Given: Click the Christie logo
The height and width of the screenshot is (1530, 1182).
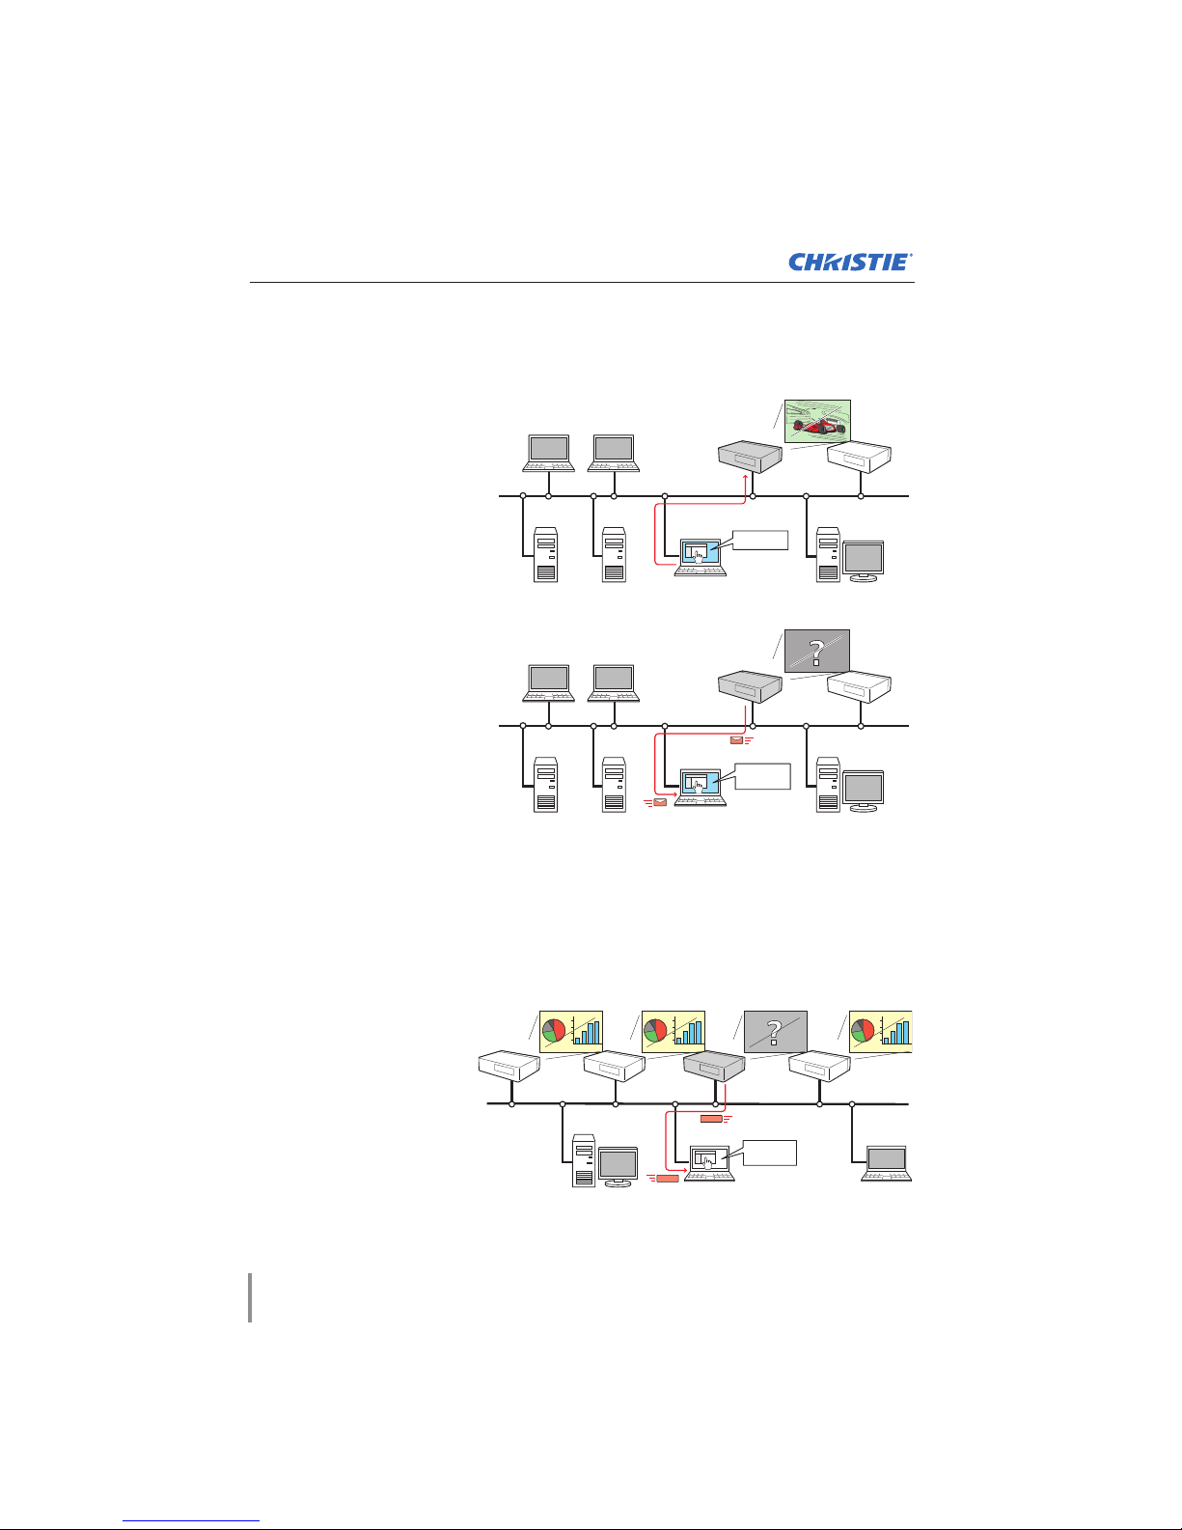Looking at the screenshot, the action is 850,262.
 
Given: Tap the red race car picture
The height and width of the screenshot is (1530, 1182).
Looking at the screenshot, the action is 817,421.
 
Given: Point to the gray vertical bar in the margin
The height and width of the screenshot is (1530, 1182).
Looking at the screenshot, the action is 250,1297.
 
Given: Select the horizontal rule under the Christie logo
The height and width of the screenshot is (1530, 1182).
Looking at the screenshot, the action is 582,282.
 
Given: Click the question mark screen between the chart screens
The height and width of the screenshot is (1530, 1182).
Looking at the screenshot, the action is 776,1032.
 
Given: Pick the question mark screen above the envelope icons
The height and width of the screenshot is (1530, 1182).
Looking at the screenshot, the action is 817,652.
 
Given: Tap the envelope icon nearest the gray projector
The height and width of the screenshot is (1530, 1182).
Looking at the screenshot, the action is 736,740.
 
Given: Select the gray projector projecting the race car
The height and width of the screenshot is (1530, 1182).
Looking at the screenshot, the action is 750,457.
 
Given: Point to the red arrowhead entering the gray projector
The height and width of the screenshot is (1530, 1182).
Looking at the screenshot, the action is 746,478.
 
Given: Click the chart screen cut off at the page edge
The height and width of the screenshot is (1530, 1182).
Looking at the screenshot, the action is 880,1032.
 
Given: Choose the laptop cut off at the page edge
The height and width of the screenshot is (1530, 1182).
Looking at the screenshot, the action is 887,1163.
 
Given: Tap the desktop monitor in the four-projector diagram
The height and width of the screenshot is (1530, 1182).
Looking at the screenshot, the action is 618,1166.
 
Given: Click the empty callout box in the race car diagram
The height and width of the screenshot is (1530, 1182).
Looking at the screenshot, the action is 760,540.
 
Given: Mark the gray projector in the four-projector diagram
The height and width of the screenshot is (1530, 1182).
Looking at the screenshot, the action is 714,1066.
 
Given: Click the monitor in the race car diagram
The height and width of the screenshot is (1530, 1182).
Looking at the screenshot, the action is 864,561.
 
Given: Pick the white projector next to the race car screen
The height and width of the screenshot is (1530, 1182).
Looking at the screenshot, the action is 859,457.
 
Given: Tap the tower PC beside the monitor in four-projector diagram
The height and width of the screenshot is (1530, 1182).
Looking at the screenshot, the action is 583,1160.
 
